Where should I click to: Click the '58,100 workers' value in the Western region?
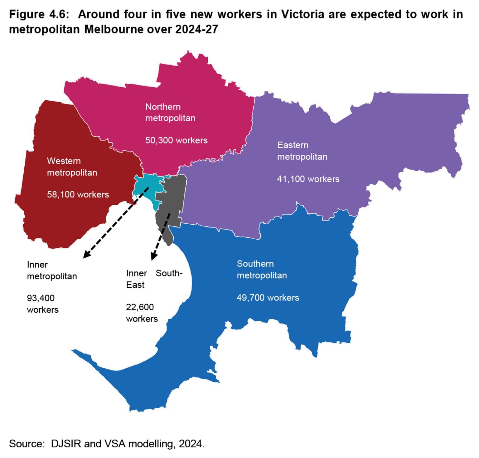(x=78, y=195)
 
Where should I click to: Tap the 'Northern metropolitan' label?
(x=170, y=112)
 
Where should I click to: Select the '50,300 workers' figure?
(x=176, y=140)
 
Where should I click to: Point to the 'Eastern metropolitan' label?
(x=302, y=151)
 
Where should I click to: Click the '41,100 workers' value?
(x=308, y=179)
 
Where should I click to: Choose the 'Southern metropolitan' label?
(x=262, y=270)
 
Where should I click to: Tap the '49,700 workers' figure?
(x=268, y=298)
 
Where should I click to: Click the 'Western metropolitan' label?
(x=72, y=167)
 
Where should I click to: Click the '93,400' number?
(x=41, y=298)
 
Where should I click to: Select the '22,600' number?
(x=140, y=307)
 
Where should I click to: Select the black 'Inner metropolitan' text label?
(x=51, y=271)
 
